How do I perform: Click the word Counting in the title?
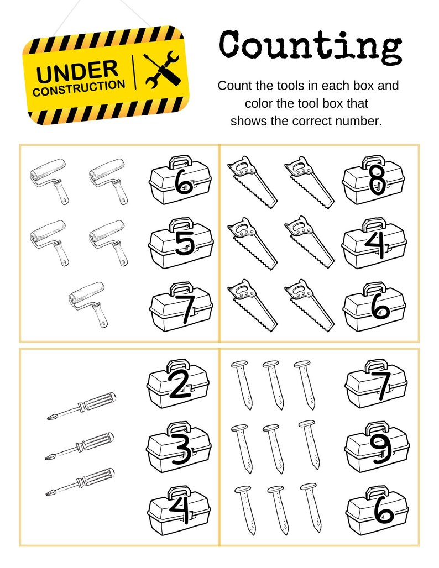point(310,46)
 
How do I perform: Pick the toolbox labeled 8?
point(373,180)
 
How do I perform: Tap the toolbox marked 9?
point(377,446)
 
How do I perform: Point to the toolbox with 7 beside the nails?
point(376,383)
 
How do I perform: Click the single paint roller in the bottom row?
point(89,303)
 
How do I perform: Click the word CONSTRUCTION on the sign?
point(79,88)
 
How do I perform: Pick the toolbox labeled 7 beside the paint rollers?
point(181,306)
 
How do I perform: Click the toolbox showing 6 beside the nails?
point(377,509)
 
